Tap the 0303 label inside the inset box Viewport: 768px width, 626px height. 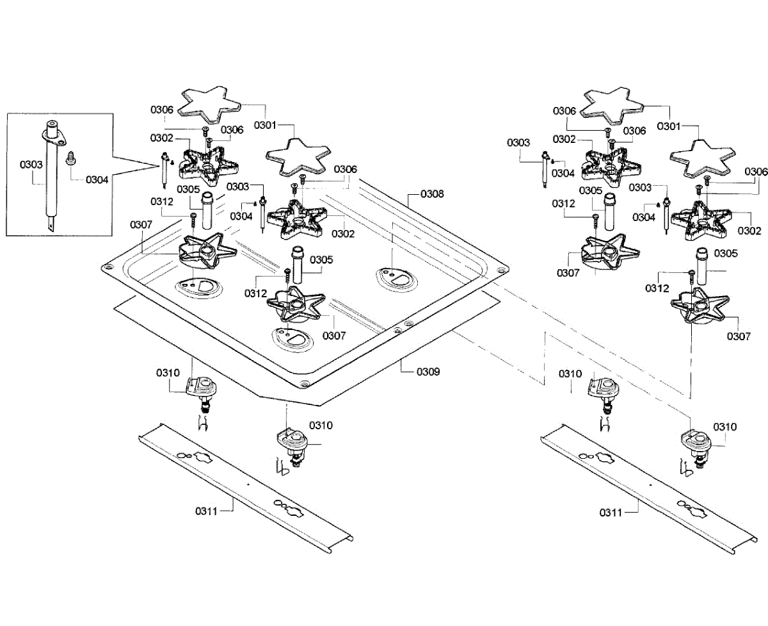[31, 165]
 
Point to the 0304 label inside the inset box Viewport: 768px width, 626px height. [97, 179]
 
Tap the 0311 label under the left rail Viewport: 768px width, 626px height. [207, 511]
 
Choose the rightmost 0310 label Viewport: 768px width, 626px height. [725, 427]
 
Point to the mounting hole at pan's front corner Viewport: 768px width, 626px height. [303, 383]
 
